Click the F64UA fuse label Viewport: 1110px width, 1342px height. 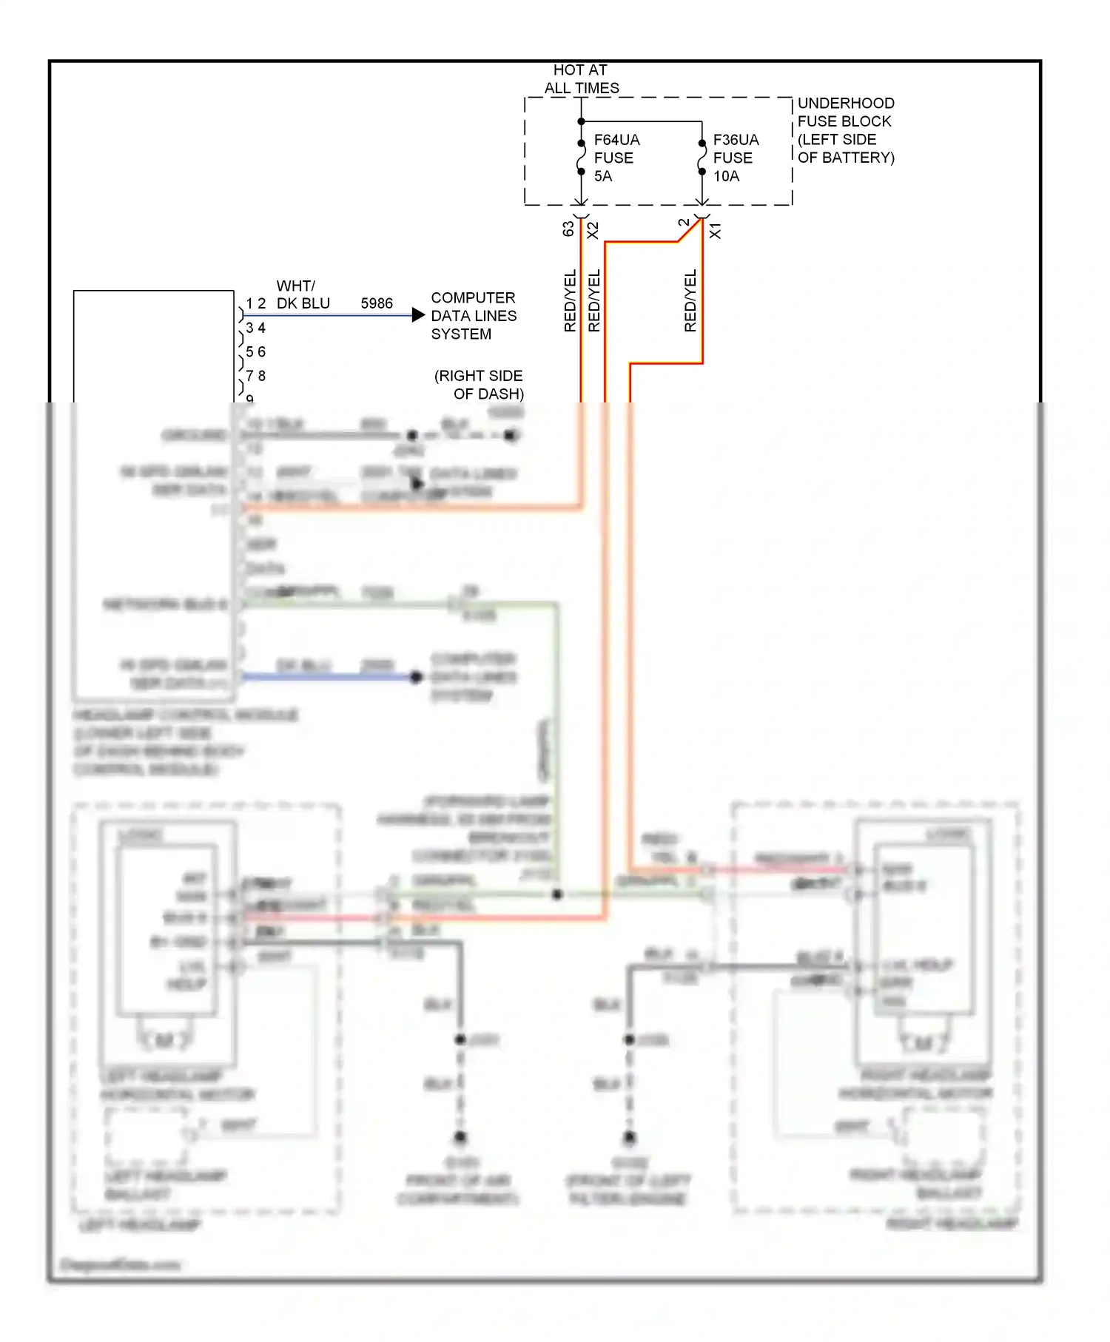click(x=616, y=140)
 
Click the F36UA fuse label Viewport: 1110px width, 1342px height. click(x=736, y=140)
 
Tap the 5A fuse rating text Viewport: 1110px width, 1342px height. click(x=603, y=176)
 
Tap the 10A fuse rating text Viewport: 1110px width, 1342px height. click(x=726, y=176)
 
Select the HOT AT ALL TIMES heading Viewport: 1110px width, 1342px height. click(x=581, y=79)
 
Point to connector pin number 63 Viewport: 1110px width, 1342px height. click(x=568, y=229)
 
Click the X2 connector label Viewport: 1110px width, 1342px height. click(x=593, y=230)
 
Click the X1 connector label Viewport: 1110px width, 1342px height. click(x=715, y=230)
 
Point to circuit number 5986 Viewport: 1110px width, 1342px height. click(x=377, y=303)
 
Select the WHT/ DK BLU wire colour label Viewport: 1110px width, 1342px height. click(x=303, y=294)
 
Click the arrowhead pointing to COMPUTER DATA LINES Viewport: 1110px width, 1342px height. click(x=418, y=315)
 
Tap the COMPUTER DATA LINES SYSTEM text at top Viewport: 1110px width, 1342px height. click(x=474, y=316)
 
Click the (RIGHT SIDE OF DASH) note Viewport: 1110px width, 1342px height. click(x=480, y=385)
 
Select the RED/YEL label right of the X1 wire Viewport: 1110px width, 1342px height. click(x=690, y=300)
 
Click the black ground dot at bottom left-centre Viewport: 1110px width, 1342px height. click(x=460, y=1137)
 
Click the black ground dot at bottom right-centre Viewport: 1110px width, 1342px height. click(x=630, y=1137)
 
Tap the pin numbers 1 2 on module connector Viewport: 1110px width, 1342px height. click(x=256, y=303)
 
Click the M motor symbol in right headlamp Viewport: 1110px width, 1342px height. click(x=923, y=1044)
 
